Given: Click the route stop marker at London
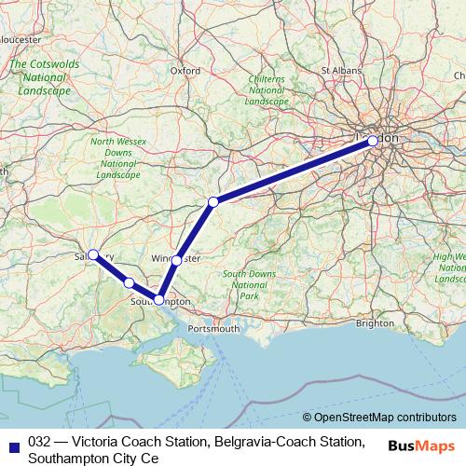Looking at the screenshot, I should click(373, 141).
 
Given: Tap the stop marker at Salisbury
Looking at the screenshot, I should click(92, 254).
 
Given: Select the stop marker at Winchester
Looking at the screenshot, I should click(176, 260).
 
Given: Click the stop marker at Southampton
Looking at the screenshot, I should click(158, 300).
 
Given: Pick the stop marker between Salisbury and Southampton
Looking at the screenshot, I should click(129, 282).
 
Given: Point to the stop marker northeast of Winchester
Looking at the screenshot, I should click(212, 202).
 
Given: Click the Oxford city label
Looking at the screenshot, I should click(185, 70).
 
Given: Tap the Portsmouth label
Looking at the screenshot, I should click(213, 328).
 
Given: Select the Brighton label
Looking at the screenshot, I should click(375, 322).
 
